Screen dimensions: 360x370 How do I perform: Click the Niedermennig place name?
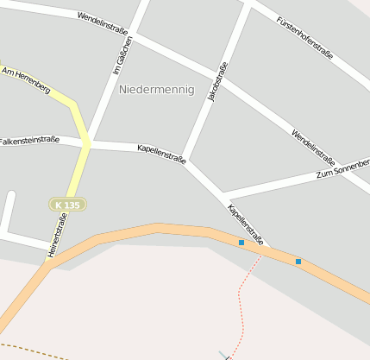[x=156, y=90]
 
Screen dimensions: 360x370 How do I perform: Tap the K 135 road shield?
[x=67, y=205]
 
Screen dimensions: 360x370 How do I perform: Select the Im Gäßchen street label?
[x=124, y=56]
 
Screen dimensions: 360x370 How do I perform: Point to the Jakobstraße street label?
[x=217, y=82]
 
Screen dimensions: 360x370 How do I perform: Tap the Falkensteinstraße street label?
[x=29, y=140]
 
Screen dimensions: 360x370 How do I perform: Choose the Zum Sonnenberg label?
[x=342, y=168]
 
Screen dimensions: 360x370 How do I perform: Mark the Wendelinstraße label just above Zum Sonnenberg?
[x=313, y=145]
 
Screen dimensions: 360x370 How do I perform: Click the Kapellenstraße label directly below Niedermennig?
[x=161, y=155]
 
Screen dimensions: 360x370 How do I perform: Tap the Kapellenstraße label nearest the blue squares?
[x=245, y=221]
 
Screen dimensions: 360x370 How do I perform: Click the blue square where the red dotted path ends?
[x=241, y=243]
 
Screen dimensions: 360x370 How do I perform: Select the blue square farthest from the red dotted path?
[x=298, y=261]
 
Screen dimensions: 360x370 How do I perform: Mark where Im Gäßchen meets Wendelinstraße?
[x=135, y=35]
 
